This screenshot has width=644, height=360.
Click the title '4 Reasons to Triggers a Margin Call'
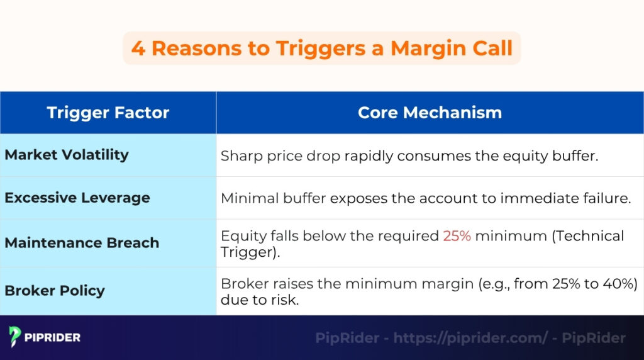322,48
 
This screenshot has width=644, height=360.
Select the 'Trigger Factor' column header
108,113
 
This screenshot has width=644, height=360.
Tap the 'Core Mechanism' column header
430,113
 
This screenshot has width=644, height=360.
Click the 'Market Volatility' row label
67,155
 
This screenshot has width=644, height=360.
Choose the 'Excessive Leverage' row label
77,198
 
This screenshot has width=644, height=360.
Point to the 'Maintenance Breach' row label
82,243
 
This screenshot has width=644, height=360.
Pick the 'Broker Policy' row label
55,291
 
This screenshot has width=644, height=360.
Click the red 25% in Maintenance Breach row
457,236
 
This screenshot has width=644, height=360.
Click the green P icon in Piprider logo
15,337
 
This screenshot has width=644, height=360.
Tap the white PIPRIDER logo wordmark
52,337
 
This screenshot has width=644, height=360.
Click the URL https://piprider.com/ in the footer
470,338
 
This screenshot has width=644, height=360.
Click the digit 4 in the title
138,48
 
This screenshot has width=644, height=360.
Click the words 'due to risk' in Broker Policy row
259,300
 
